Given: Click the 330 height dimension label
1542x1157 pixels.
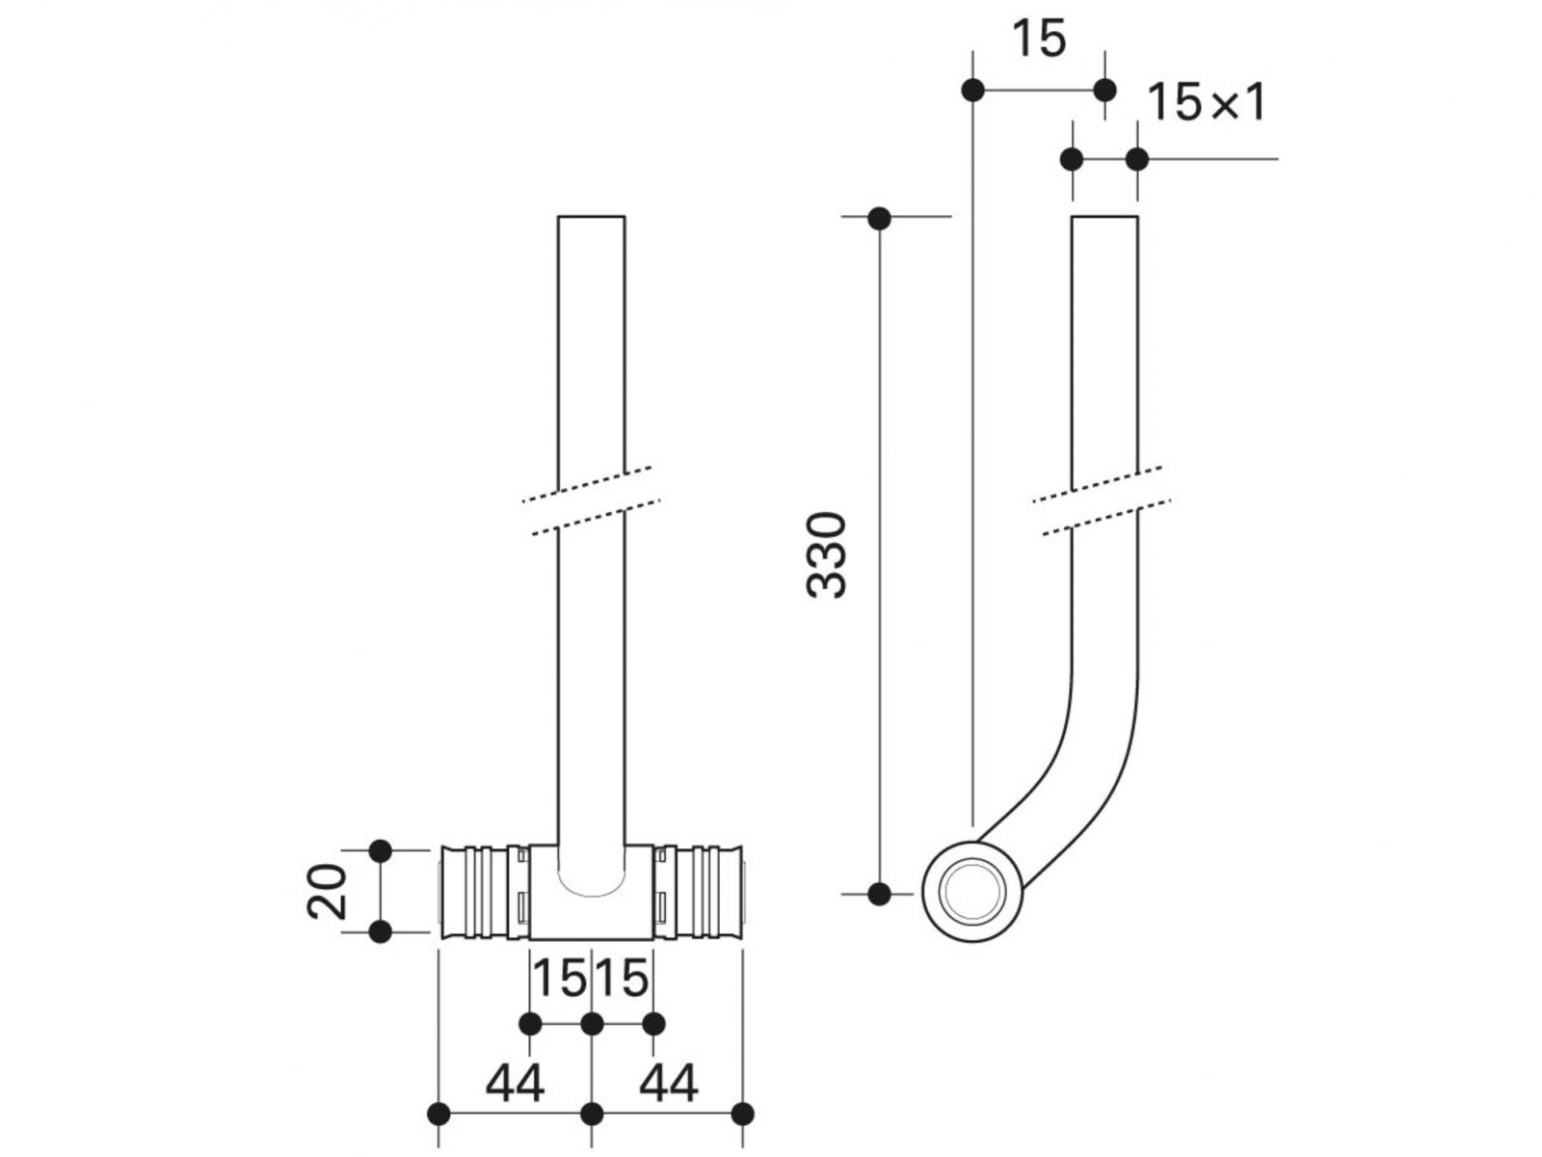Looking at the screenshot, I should tap(827, 555).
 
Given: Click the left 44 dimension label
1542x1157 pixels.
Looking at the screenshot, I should tap(515, 1084).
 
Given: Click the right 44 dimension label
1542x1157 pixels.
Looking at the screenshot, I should tap(668, 1084).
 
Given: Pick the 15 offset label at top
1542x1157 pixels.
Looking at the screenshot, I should tap(1039, 40).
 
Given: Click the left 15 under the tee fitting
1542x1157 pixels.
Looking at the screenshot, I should tap(560, 980).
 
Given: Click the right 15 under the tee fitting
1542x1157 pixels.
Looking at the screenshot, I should tap(623, 980).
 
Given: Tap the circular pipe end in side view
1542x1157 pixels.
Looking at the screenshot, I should tap(972, 891).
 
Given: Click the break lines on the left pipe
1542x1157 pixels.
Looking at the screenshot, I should tap(592, 500).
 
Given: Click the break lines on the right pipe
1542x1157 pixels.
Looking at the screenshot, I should tap(1103, 500).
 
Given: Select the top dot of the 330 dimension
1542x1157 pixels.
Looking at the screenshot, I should tap(879, 219).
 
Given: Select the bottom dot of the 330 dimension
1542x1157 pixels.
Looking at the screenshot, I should tap(879, 894).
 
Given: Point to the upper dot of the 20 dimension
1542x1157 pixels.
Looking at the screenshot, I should tap(381, 850).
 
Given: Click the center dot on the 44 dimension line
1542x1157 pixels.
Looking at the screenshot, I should tap(592, 1114).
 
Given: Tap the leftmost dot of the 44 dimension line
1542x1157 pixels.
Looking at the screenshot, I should tap(439, 1114).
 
